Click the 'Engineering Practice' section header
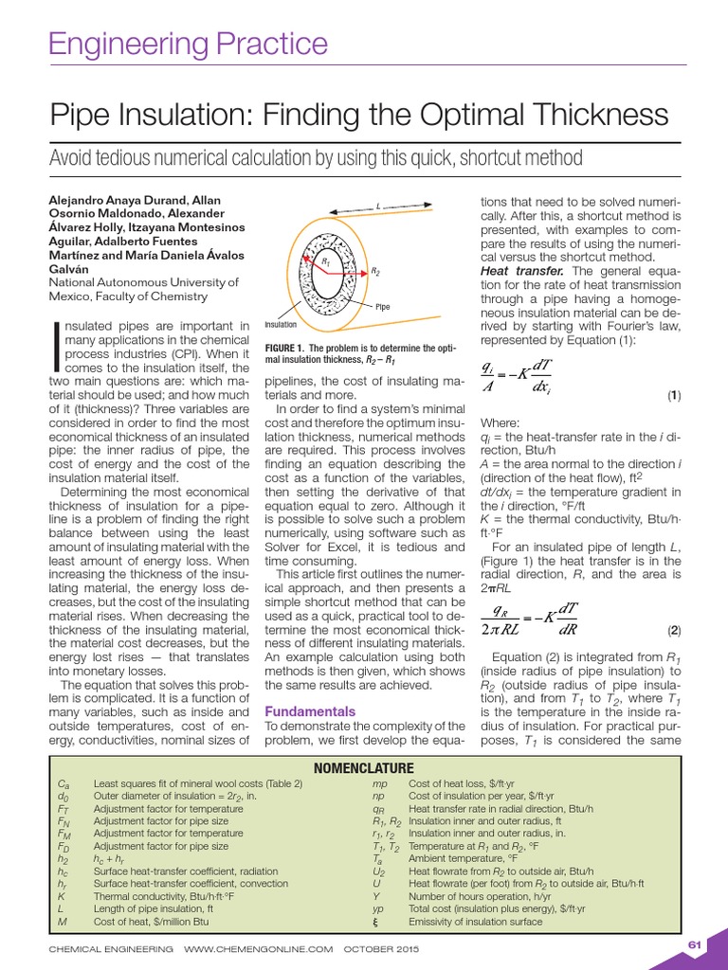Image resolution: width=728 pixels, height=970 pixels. [188, 44]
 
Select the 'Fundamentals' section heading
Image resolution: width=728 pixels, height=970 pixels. [310, 711]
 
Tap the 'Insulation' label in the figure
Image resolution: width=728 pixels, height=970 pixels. [281, 325]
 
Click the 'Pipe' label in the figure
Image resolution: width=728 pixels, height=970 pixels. [382, 306]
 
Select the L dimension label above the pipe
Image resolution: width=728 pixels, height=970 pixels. [376, 205]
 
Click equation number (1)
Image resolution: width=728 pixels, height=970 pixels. [673, 394]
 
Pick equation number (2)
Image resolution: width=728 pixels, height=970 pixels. [673, 630]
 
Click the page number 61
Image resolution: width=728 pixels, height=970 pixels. [694, 943]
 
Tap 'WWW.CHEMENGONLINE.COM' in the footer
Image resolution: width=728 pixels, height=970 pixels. [259, 947]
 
